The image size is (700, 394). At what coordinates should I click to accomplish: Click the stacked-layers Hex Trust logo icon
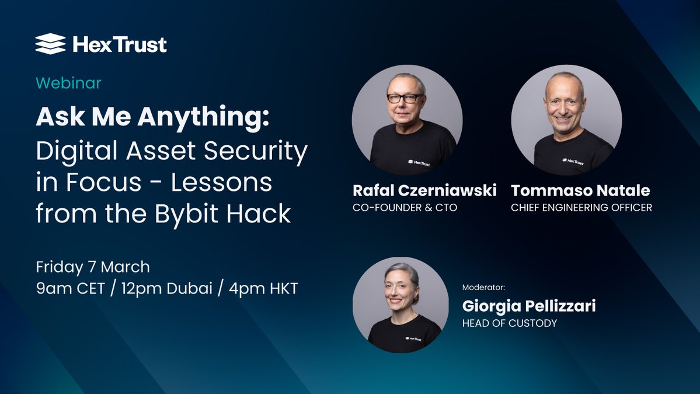(x=50, y=44)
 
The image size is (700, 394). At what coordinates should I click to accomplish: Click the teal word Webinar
(x=69, y=83)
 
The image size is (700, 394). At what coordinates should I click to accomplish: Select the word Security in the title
(x=256, y=151)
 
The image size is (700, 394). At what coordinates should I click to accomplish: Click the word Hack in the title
(x=259, y=213)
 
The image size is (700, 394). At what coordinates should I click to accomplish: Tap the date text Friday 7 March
(x=93, y=267)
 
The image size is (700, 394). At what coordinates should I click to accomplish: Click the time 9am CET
(x=70, y=288)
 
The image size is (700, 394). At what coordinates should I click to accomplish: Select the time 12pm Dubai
(x=166, y=288)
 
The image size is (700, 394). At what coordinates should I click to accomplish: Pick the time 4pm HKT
(x=263, y=288)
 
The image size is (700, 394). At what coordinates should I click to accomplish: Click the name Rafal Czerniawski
(x=424, y=190)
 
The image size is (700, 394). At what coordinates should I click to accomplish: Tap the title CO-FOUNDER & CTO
(x=405, y=207)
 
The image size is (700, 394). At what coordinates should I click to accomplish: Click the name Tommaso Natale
(x=580, y=190)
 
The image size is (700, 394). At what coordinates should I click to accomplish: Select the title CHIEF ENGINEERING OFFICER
(x=581, y=207)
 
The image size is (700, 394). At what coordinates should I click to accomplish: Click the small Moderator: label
(x=483, y=287)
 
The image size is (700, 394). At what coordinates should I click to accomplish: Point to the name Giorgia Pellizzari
(x=529, y=306)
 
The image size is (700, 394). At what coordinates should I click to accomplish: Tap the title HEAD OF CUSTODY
(x=509, y=323)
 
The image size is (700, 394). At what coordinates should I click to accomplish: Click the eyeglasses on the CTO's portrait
(x=405, y=98)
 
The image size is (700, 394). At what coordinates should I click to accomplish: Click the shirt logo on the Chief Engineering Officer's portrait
(x=573, y=161)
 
